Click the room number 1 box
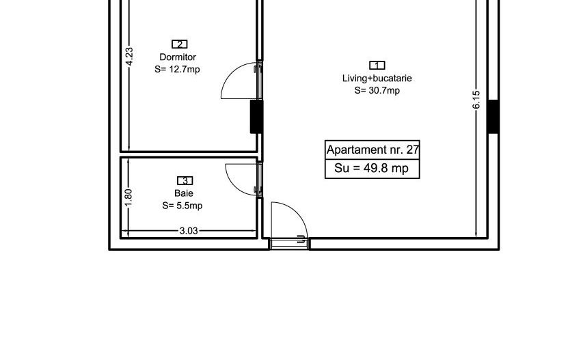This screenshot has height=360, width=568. coord(377,65)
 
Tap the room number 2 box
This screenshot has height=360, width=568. coord(179,44)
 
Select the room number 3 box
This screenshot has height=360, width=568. coord(185,180)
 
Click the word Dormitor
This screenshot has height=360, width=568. coord(178,57)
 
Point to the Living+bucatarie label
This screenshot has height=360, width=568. coord(377,79)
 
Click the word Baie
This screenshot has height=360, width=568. coord(184,193)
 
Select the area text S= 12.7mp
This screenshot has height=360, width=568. coord(177,69)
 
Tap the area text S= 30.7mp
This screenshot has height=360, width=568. coord(377,90)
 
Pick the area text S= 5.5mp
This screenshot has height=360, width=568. coord(182,206)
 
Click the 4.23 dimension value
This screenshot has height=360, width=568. coord(129,57)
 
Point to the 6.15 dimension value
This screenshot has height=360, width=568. coord(476,100)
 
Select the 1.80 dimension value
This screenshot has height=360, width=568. coord(129,198)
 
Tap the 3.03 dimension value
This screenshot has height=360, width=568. coord(189,231)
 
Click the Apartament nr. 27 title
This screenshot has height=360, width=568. coord(373,150)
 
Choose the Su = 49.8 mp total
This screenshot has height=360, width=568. coord(371,168)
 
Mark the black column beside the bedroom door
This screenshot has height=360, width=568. coord(256,117)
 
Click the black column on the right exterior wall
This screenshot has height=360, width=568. coord(493,117)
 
